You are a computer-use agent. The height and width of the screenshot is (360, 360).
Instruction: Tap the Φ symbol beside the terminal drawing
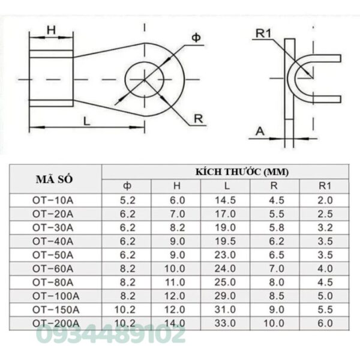click(x=196, y=38)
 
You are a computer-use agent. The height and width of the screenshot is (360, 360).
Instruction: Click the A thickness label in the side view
click(x=260, y=130)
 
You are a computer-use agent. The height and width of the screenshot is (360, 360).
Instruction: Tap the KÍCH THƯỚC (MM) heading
click(x=242, y=172)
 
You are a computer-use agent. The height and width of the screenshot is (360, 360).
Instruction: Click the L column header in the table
click(x=223, y=186)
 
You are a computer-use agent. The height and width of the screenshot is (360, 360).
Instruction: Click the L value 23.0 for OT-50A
click(x=223, y=254)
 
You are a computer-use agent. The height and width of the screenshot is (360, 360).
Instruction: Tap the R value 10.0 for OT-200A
click(x=273, y=323)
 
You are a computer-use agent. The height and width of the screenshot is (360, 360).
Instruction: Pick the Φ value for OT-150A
click(x=127, y=310)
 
